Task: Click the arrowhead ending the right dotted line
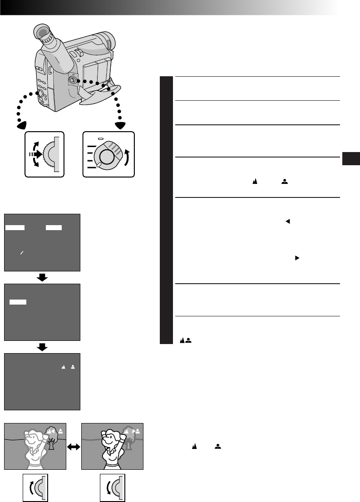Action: coord(121,125)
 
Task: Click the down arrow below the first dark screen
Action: coord(42,277)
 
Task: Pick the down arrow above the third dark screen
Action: coord(42,347)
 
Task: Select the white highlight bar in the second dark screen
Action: coord(18,301)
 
